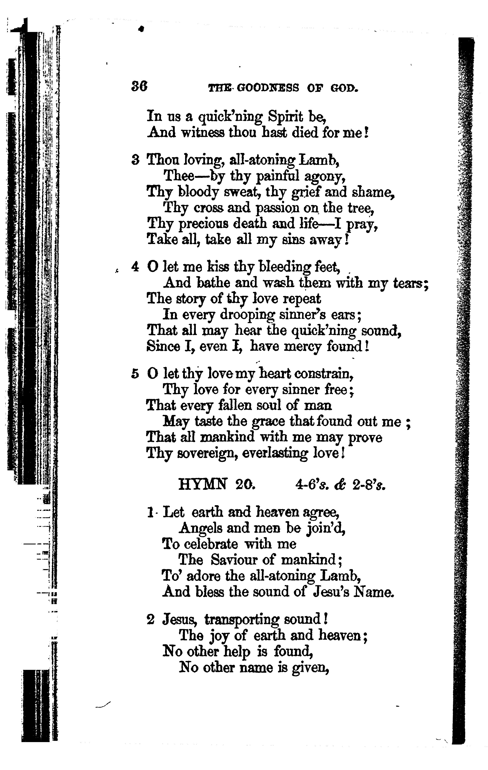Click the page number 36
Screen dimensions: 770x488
click(x=139, y=86)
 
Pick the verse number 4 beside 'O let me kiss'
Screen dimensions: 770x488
click(x=135, y=267)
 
